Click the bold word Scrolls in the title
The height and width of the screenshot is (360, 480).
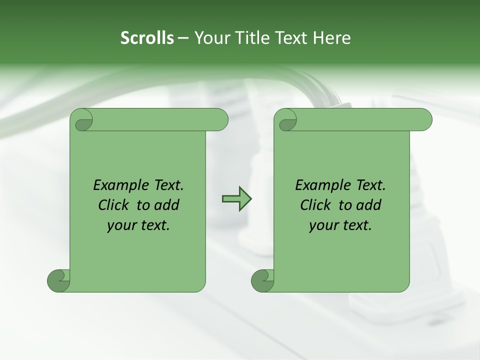pyautogui.click(x=147, y=38)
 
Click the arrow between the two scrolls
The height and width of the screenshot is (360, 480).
pyautogui.click(x=236, y=198)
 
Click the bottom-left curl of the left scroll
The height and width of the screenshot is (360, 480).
pyautogui.click(x=58, y=280)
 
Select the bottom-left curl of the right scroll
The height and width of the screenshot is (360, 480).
pyautogui.click(x=262, y=280)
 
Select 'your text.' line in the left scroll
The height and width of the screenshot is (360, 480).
pyautogui.click(x=138, y=225)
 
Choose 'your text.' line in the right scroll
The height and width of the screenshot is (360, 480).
pyautogui.click(x=340, y=225)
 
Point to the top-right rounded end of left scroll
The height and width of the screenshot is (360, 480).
pyautogui.click(x=218, y=119)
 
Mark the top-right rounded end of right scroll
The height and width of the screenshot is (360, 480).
pyautogui.click(x=422, y=119)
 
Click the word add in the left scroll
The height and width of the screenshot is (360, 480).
pyautogui.click(x=167, y=205)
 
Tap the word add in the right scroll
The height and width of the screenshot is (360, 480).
pyautogui.click(x=369, y=205)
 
